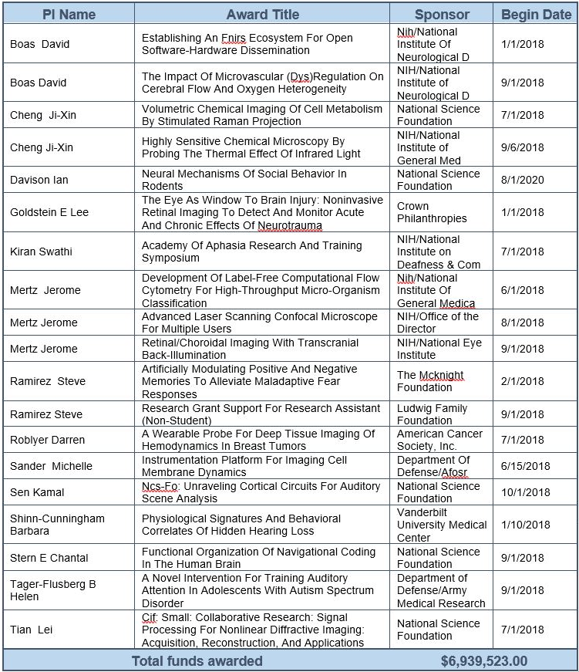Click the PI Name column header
coord(69,14)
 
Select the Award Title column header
coord(263,14)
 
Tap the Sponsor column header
coord(442,14)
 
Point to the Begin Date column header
coord(536,14)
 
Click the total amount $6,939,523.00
coord(483,661)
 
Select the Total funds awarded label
coord(197,661)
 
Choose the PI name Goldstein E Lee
coord(50,212)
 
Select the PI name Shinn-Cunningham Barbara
coord(57,525)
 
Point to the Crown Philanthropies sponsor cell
coord(432,212)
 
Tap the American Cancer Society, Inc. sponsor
coord(439,440)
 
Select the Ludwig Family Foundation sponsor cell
coord(433,414)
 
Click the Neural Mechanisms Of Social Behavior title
coord(244,180)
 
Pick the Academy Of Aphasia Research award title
coord(251,252)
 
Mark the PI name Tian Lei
coord(32,630)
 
